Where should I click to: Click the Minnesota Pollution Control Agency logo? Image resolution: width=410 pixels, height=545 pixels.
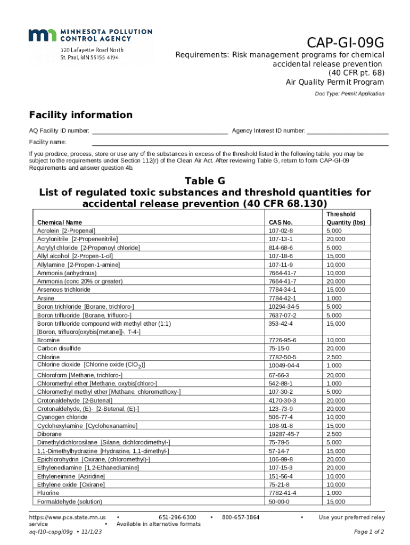pyautogui.click(x=90, y=35)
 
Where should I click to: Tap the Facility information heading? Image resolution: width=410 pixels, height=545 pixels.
pyautogui.click(x=80, y=115)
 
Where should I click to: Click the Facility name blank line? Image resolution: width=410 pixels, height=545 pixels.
pyautogui.click(x=240, y=142)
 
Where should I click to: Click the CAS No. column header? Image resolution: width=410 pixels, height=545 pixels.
pyautogui.click(x=281, y=222)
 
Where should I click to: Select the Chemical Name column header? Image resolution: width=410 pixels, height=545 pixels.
pyautogui.click(x=60, y=222)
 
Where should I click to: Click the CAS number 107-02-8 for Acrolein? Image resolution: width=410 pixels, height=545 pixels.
pyautogui.click(x=281, y=230)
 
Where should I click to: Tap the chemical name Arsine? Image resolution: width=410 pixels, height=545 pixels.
pyautogui.click(x=45, y=298)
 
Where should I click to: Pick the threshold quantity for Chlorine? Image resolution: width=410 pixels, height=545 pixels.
pyautogui.click(x=335, y=357)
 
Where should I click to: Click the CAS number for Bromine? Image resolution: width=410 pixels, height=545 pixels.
pyautogui.click(x=283, y=340)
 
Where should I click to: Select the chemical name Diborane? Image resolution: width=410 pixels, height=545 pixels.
pyautogui.click(x=50, y=434)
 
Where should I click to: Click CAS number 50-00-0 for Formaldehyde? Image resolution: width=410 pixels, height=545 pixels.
pyautogui.click(x=279, y=501)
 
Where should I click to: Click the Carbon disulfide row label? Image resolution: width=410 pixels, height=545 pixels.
pyautogui.click(x=59, y=349)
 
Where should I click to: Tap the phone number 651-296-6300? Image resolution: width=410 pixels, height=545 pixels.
pyautogui.click(x=177, y=517)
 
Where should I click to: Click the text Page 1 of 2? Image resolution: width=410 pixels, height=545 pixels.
pyautogui.click(x=369, y=532)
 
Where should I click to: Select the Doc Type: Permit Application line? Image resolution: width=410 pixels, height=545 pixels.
pyautogui.click(x=349, y=94)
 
